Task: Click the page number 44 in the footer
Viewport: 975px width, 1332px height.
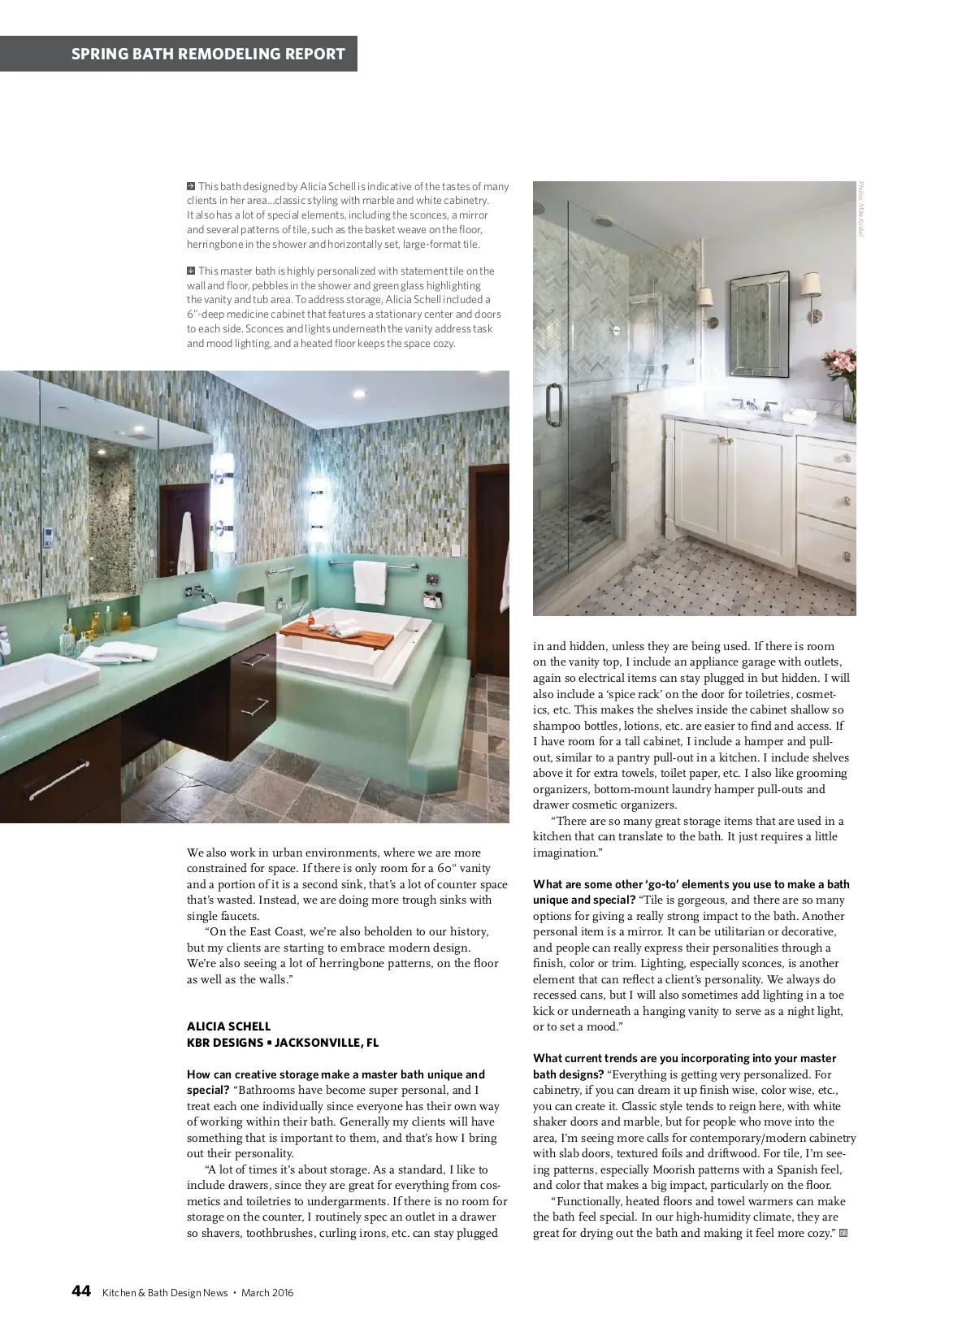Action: click(80, 1291)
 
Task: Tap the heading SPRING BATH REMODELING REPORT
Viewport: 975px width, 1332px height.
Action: click(208, 54)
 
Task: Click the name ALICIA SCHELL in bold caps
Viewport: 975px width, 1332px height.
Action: click(228, 1026)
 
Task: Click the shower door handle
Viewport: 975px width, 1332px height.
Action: click(552, 404)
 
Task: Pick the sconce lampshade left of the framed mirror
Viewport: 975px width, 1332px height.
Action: click(705, 299)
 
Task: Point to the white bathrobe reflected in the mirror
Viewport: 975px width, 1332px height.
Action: click(186, 543)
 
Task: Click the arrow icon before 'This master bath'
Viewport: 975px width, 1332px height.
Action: click(191, 271)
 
